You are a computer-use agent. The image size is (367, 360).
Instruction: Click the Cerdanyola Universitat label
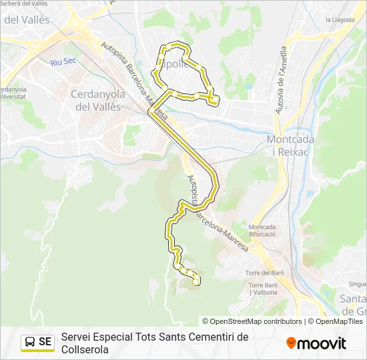click(x=13, y=93)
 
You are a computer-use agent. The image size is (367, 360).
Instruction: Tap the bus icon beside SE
click(x=30, y=342)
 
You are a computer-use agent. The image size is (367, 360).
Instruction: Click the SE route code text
click(x=45, y=342)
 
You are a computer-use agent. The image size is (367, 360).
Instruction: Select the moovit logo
click(x=316, y=343)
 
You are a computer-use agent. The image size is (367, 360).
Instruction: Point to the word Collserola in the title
click(x=85, y=349)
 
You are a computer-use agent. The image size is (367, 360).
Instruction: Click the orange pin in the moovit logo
click(x=292, y=343)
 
